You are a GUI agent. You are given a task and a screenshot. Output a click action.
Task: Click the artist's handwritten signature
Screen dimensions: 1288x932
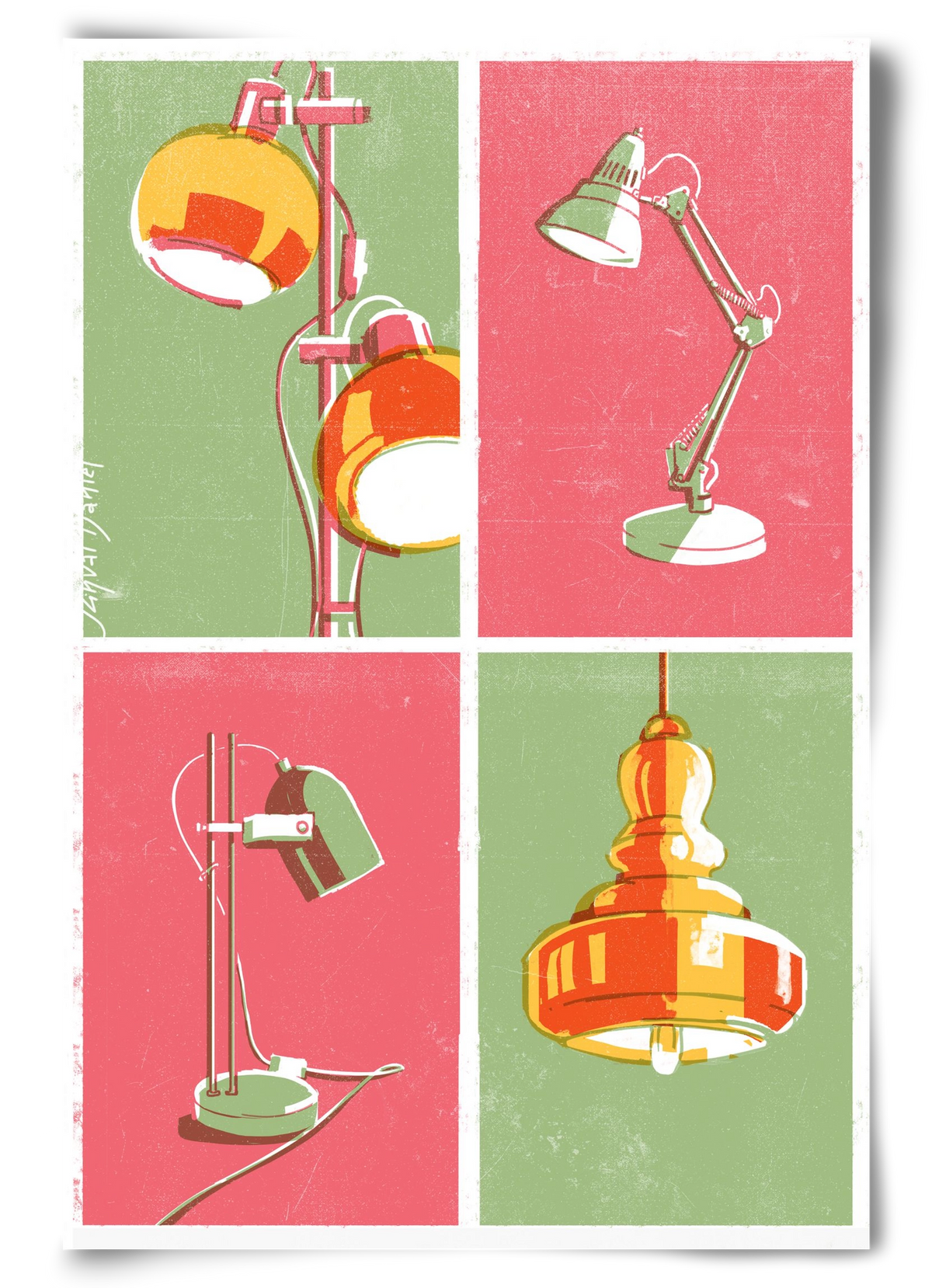coord(96,543)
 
